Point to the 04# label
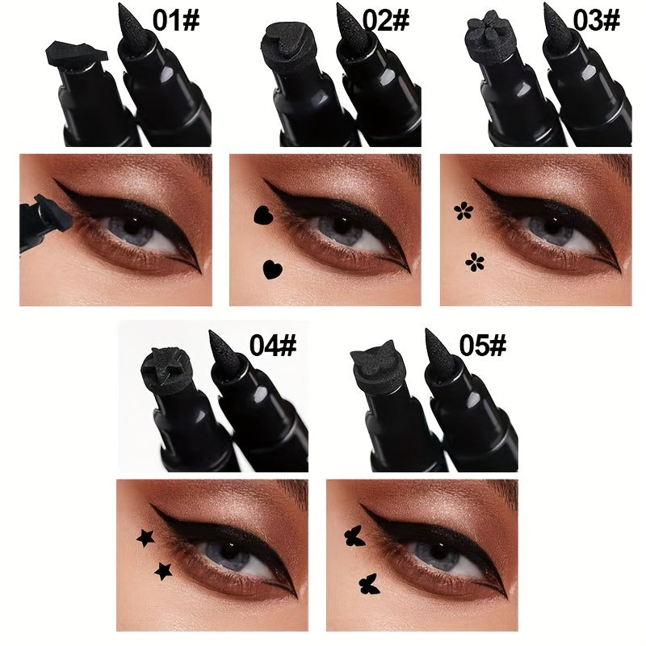tap(273, 346)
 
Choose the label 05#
tap(482, 346)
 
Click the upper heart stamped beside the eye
tap(262, 216)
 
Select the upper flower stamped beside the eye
tap(463, 212)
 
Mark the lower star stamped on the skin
tap(164, 571)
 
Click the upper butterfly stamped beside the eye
tap(352, 536)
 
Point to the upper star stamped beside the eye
tap(146, 537)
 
